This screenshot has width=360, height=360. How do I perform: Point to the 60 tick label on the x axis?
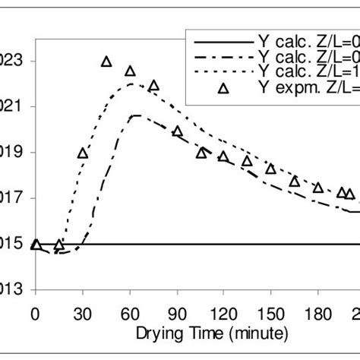tap(130, 312)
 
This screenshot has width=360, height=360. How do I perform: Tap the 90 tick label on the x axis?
tap(177, 312)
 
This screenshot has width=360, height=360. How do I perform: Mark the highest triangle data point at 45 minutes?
tap(106, 61)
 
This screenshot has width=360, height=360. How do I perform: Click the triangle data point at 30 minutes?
tap(83, 153)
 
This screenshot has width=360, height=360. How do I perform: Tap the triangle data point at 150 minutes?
tap(270, 168)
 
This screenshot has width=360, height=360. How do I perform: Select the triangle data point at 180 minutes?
tap(317, 187)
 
